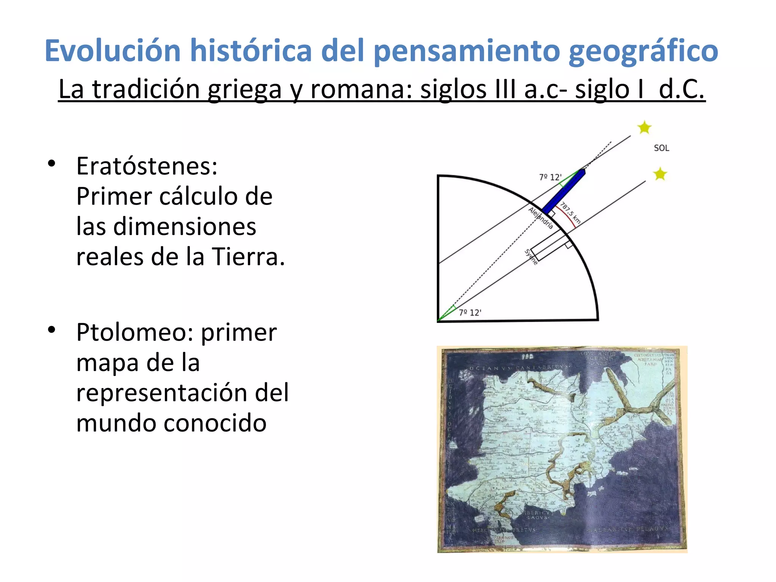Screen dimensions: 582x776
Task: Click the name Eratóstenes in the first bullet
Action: pyautogui.click(x=147, y=166)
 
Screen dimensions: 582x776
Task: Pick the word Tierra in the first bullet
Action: pyautogui.click(x=248, y=257)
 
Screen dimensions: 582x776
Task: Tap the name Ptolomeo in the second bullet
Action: pyautogui.click(x=135, y=332)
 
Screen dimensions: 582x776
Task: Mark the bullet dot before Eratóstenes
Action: pyautogui.click(x=52, y=164)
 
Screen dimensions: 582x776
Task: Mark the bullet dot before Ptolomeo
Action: pyautogui.click(x=52, y=330)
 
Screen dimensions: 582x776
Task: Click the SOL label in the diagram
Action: pyautogui.click(x=661, y=148)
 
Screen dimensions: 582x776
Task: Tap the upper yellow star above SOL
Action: pyautogui.click(x=644, y=127)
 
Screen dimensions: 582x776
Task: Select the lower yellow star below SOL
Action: pyautogui.click(x=660, y=174)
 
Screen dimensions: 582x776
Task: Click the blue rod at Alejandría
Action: pyautogui.click(x=563, y=191)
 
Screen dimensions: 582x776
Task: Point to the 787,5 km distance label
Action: pyautogui.click(x=570, y=213)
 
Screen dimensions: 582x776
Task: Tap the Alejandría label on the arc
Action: pyautogui.click(x=541, y=218)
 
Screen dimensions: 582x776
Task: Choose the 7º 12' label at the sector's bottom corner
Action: pyautogui.click(x=470, y=313)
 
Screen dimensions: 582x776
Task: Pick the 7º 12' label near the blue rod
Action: pyautogui.click(x=550, y=177)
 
